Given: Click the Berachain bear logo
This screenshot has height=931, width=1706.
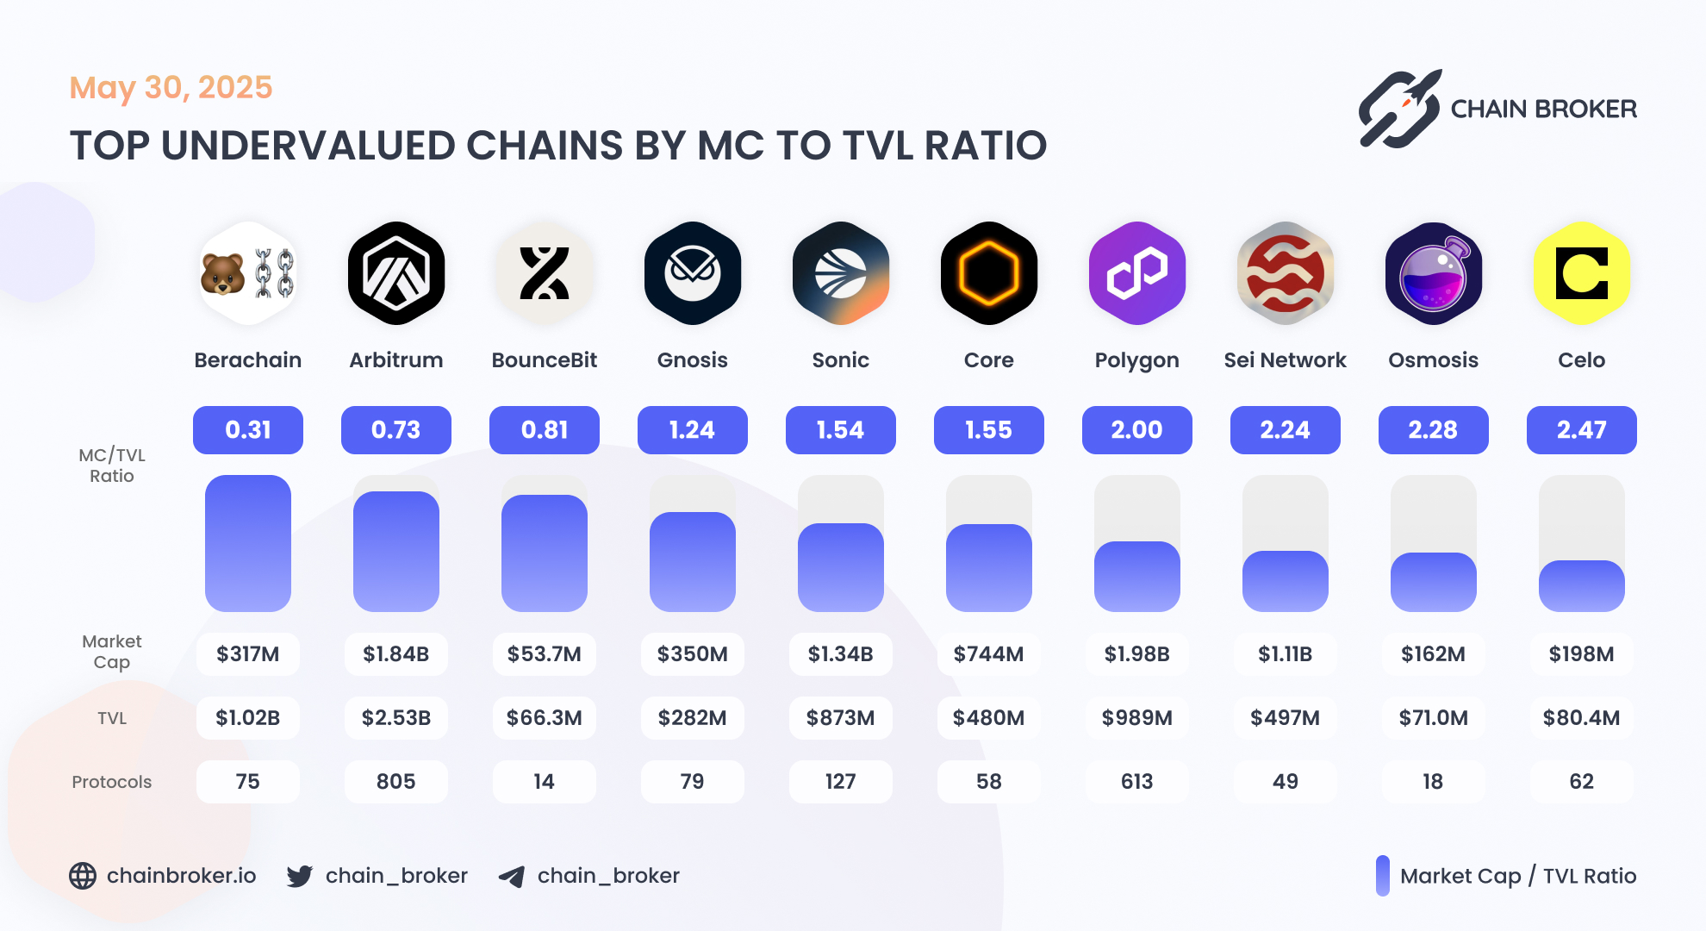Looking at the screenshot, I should (248, 273).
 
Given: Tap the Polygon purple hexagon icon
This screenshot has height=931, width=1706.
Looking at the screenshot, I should (1136, 273).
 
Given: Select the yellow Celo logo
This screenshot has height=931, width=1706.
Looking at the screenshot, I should (1581, 273).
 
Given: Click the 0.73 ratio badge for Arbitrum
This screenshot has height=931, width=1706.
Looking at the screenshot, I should (396, 430).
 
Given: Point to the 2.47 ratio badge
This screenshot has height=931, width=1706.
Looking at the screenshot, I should (1581, 430).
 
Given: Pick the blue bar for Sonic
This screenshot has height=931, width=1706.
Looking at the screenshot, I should (841, 567).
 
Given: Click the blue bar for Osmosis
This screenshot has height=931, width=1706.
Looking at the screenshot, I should (1433, 582).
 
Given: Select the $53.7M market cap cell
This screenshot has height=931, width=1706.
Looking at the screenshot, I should (545, 654).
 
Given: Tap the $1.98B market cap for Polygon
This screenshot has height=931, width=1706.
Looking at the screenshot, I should (1136, 654).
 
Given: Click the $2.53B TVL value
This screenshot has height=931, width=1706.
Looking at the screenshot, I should (396, 718).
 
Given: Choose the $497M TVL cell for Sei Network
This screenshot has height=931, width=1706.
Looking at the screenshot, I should (1285, 718).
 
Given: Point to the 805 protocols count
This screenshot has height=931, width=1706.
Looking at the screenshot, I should (396, 782).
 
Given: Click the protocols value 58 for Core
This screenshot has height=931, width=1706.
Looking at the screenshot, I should (988, 782).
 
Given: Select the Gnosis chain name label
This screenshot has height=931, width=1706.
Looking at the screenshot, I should (693, 360).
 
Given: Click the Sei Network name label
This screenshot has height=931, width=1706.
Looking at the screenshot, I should (1285, 360).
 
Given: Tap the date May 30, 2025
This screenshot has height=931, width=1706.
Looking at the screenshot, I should (171, 88).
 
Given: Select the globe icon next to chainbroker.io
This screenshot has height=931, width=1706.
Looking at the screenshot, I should (83, 876).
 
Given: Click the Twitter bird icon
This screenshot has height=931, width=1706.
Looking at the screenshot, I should (300, 876).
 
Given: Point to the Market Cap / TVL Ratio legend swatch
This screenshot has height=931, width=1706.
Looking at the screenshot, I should (1383, 876).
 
